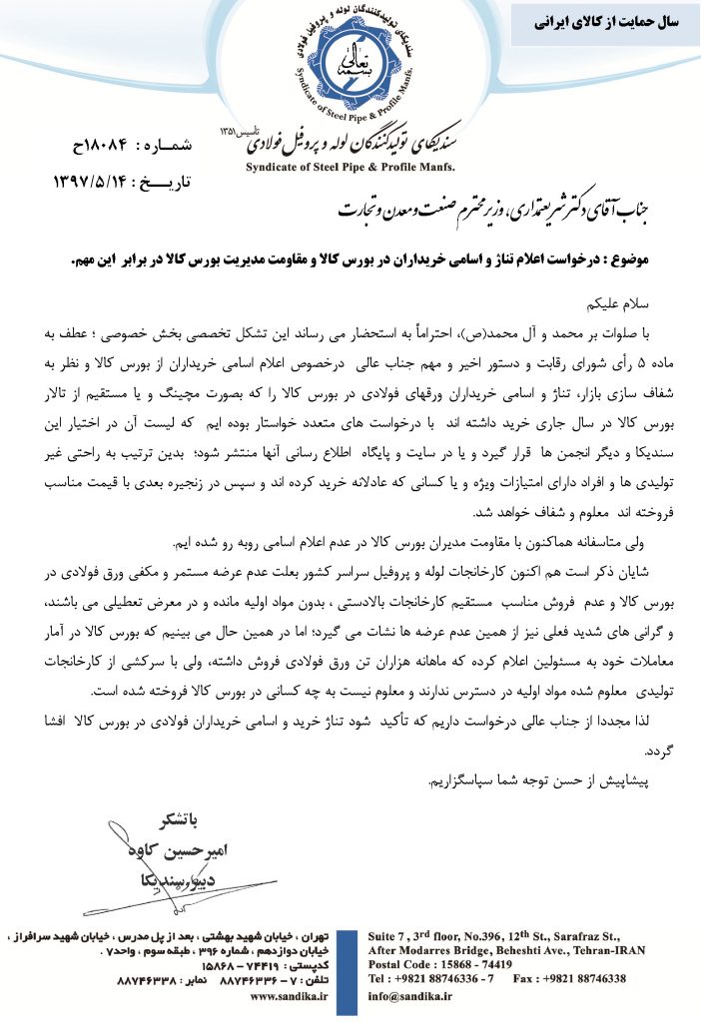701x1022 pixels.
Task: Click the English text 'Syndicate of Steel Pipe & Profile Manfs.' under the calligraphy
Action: pyautogui.click(x=350, y=166)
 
